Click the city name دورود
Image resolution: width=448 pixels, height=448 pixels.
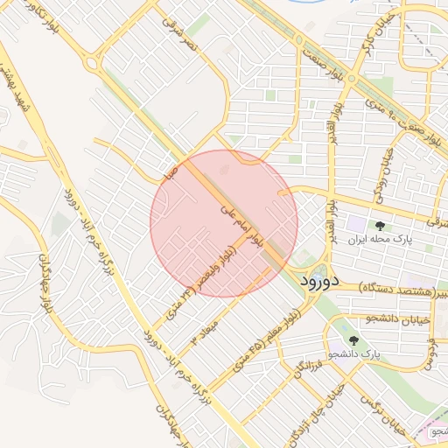click(318, 282)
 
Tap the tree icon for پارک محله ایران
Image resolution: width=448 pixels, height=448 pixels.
click(379, 225)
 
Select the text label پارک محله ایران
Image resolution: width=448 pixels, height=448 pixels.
click(379, 239)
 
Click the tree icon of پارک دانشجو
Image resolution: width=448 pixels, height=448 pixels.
click(353, 340)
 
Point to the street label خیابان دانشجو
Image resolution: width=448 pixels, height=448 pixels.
click(398, 319)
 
